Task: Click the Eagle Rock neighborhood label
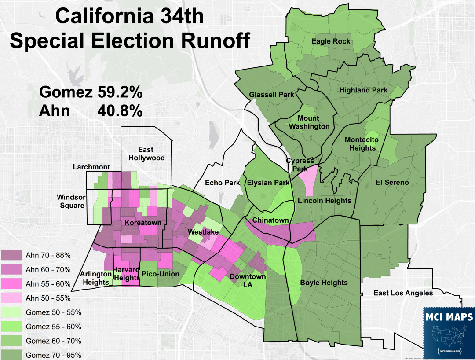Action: click(331, 41)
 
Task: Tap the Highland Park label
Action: click(363, 90)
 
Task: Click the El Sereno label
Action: click(392, 182)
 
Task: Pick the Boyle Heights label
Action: click(323, 283)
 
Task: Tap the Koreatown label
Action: click(143, 223)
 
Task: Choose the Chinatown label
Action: click(270, 220)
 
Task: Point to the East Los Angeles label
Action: click(403, 293)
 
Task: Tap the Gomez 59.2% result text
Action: click(91, 92)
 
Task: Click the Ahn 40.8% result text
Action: click(91, 110)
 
